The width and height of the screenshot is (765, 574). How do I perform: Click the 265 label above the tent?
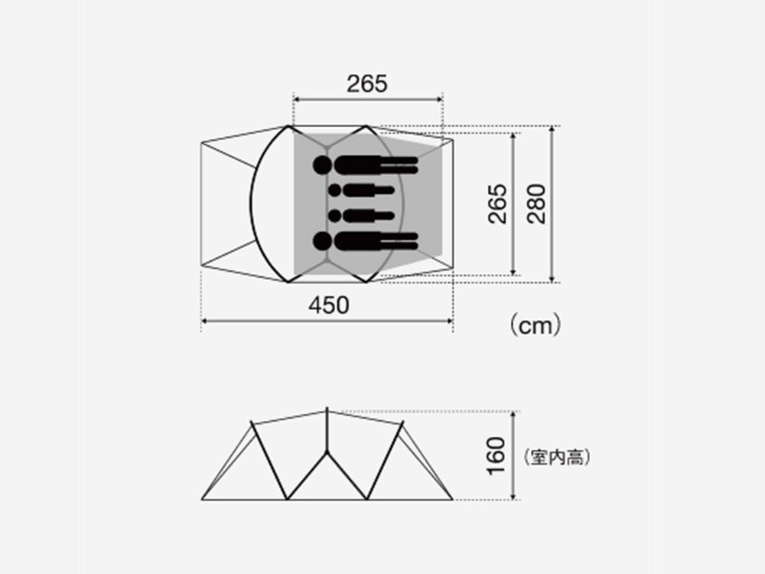click(x=367, y=83)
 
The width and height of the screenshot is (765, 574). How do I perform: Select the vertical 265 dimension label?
click(x=498, y=204)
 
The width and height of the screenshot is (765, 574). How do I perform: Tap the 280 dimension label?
click(x=537, y=204)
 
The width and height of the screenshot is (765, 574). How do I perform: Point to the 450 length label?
click(x=328, y=305)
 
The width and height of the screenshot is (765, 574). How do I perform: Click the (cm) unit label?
click(x=535, y=325)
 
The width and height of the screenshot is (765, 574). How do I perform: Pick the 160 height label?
click(x=496, y=455)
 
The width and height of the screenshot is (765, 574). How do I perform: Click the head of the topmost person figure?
click(x=322, y=165)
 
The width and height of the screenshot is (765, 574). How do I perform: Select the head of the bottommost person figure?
click(x=322, y=242)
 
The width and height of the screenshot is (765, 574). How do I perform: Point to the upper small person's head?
click(x=335, y=189)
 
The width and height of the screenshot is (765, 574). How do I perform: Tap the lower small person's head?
click(x=335, y=215)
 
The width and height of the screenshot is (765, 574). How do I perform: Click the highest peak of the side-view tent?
click(x=327, y=409)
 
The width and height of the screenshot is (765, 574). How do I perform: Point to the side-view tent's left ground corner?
click(x=202, y=500)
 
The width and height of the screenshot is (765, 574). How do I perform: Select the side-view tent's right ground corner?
click(x=453, y=500)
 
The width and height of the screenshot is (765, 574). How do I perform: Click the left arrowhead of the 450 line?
click(x=203, y=321)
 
